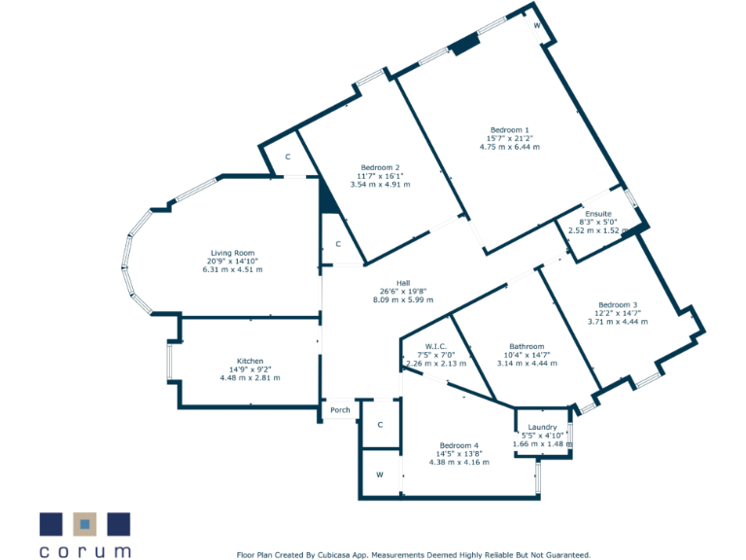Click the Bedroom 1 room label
click(509, 129)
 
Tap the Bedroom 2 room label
click(380, 166)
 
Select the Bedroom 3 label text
click(618, 304)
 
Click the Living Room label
click(231, 253)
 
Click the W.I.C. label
click(435, 345)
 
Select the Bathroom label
click(526, 346)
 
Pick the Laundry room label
click(542, 427)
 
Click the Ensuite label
click(598, 213)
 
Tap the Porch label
click(340, 409)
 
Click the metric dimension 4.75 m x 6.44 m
click(509, 147)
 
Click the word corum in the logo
click(85, 550)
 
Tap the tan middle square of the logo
click(85, 524)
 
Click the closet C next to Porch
click(380, 425)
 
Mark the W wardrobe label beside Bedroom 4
click(380, 475)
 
